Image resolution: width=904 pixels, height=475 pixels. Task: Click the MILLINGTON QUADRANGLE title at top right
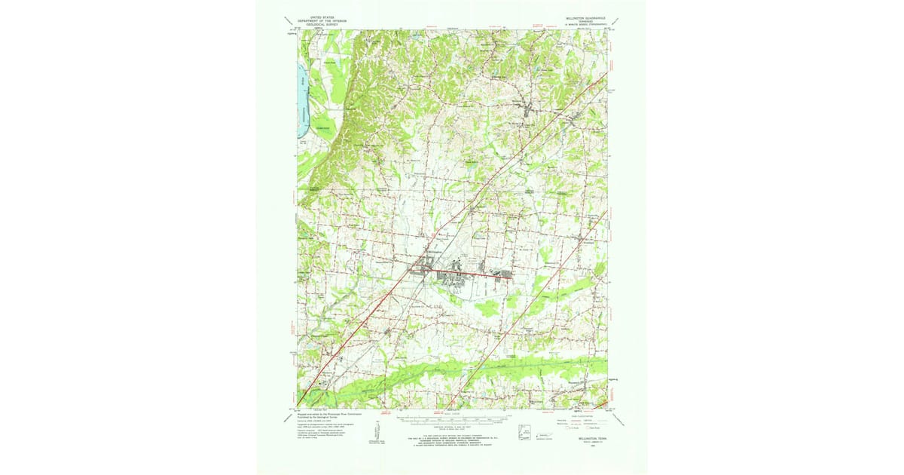tap(588, 14)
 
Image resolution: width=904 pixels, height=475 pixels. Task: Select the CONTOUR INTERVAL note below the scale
tap(452, 427)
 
